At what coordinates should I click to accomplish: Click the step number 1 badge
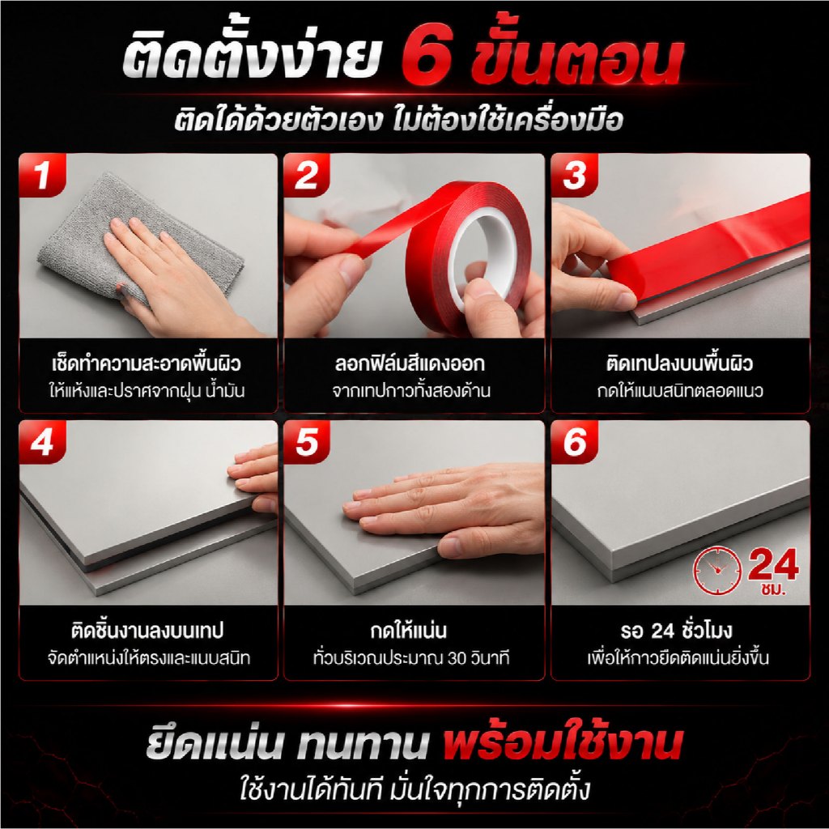click(x=42, y=175)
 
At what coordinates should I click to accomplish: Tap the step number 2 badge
click(x=307, y=175)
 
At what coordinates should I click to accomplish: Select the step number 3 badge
click(x=574, y=175)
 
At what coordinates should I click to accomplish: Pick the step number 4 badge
click(x=42, y=442)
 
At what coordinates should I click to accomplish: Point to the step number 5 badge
click(x=307, y=442)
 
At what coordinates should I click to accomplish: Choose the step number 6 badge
click(x=574, y=442)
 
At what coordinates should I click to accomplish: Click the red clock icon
click(x=717, y=570)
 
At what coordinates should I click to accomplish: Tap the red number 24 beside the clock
click(x=773, y=564)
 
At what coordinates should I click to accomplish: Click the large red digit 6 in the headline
click(x=427, y=57)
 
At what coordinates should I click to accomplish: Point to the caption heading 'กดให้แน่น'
click(x=408, y=630)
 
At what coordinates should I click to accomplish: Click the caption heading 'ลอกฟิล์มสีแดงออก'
click(x=409, y=363)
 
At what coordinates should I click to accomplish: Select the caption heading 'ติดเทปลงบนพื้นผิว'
click(x=679, y=363)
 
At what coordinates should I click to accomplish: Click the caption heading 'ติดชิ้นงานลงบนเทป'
click(x=147, y=630)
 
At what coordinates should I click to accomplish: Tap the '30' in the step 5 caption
click(x=458, y=658)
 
